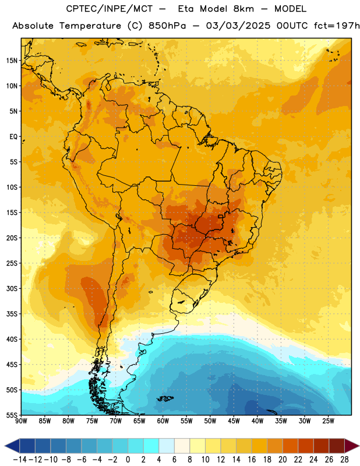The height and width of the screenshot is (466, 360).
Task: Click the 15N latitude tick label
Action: point(12,61)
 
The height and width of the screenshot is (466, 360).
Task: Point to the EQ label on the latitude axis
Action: point(13,137)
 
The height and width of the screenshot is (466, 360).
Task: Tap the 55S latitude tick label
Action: point(12,415)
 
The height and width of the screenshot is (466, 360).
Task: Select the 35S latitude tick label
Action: point(12,314)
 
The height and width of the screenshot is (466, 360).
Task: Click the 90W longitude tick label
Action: point(22,421)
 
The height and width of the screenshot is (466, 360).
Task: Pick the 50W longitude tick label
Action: point(210,421)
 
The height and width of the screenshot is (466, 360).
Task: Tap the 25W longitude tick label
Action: point(328,421)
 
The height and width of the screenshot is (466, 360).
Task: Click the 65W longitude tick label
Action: point(139,421)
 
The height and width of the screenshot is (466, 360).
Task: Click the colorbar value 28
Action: point(344,460)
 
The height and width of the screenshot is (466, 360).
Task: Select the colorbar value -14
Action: point(20,460)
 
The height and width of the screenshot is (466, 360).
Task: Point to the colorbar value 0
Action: point(128,460)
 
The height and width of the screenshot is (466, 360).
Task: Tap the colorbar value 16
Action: point(252,460)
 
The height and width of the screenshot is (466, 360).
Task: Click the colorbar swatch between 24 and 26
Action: point(322,446)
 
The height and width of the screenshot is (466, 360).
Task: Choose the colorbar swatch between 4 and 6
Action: point(167,446)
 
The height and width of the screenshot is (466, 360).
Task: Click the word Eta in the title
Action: point(185,9)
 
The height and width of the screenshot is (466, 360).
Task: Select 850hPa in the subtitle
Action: point(167,26)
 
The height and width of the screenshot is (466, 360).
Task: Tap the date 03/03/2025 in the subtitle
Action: point(238,26)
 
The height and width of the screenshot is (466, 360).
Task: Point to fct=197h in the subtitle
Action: point(337,26)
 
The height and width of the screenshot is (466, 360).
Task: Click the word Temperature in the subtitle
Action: point(90,26)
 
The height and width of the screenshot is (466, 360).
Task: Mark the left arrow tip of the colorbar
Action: point(5,446)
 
